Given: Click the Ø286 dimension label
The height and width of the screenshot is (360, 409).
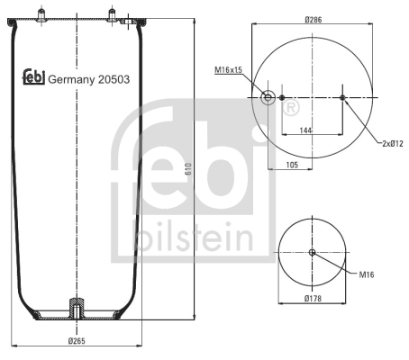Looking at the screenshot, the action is pyautogui.click(x=314, y=20).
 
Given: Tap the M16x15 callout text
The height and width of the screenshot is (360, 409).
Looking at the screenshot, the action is pyautogui.click(x=228, y=70).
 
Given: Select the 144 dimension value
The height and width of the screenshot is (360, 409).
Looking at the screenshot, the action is pyautogui.click(x=305, y=130).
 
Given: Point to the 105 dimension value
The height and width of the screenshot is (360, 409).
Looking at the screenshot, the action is pyautogui.click(x=292, y=165).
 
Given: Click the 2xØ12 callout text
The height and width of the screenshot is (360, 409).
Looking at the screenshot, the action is pyautogui.click(x=393, y=143).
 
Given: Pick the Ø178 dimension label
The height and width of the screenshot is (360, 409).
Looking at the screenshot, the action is pyautogui.click(x=313, y=298).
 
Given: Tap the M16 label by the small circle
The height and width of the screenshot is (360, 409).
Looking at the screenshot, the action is pyautogui.click(x=367, y=274).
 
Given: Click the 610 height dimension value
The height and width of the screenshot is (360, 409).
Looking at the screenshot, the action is pyautogui.click(x=188, y=169).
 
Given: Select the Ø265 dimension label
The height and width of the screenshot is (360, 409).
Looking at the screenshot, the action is pyautogui.click(x=77, y=341).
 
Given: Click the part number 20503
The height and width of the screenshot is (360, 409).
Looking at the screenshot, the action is pyautogui.click(x=114, y=79).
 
